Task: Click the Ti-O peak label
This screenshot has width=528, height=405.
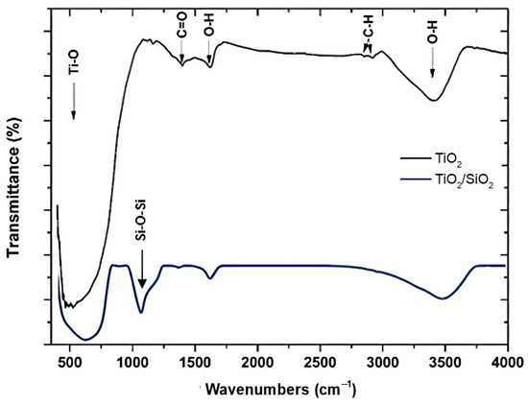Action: click(x=74, y=68)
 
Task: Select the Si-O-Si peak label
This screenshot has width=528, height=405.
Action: click(x=142, y=230)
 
